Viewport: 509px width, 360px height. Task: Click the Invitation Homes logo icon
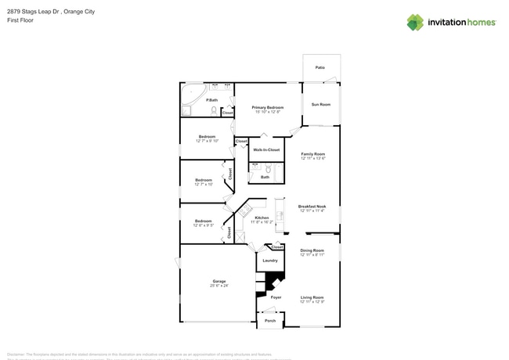pos(414,22)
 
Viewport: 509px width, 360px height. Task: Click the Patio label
pos(320,68)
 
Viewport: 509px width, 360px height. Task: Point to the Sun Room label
pos(321,104)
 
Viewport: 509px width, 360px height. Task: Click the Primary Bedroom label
pos(268,107)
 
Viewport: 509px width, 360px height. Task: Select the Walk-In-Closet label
pos(266,149)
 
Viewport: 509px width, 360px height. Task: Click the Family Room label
pos(313,155)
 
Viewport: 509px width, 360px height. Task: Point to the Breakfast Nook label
pos(312,207)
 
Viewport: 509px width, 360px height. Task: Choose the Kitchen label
pos(262,218)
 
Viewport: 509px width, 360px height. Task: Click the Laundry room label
pos(270,261)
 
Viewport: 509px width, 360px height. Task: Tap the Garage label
pos(219,281)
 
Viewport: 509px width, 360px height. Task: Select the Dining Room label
pos(312,250)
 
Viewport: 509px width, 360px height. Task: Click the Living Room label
pos(312,297)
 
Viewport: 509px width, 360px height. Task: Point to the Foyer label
pos(276,297)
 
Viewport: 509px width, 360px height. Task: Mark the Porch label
pos(270,321)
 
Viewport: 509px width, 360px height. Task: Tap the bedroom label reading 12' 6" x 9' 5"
pos(204,221)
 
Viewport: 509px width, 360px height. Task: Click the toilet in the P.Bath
pos(213,110)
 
